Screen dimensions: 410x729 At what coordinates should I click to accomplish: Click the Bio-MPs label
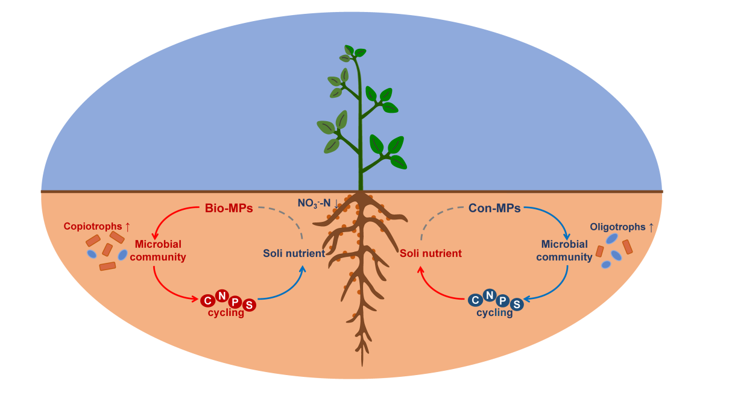click(x=226, y=209)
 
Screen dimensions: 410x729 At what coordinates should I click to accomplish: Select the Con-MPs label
click(x=494, y=209)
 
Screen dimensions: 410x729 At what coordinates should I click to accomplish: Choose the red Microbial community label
click(x=159, y=250)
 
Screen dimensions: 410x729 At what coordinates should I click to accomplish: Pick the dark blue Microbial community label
click(x=564, y=250)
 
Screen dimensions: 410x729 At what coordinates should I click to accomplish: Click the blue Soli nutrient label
click(x=294, y=253)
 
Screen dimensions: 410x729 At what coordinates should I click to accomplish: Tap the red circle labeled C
click(x=207, y=300)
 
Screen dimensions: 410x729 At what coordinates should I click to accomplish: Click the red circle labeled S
click(x=249, y=305)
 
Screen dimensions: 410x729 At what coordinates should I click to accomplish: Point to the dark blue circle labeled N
click(x=489, y=295)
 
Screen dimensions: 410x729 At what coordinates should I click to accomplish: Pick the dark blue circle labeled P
click(x=503, y=300)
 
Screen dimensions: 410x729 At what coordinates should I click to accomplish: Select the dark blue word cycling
click(x=494, y=313)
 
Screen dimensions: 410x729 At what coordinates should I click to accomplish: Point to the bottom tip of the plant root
click(x=362, y=365)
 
